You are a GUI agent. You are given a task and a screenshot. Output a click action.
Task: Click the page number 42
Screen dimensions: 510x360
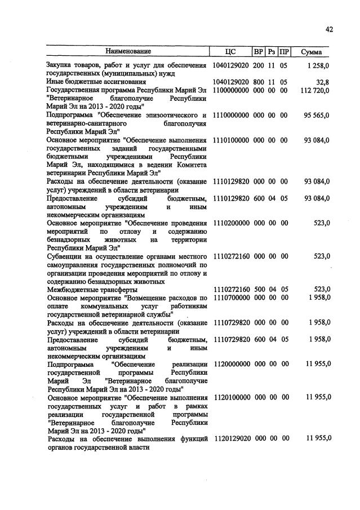329,29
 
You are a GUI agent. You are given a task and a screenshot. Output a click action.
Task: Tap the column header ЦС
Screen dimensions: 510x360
230,52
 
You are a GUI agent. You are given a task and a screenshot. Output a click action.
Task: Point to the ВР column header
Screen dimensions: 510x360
259,52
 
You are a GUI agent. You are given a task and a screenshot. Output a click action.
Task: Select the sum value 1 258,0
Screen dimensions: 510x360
318,66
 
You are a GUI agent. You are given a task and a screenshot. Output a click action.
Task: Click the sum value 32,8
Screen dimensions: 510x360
322,82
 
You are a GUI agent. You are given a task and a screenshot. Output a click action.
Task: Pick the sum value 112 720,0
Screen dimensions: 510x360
314,90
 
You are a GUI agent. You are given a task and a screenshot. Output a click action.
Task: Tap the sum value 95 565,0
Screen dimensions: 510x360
316,115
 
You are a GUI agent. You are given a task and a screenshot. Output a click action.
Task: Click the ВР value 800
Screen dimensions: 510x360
259,82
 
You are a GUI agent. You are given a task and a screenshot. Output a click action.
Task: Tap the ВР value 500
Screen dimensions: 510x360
259,289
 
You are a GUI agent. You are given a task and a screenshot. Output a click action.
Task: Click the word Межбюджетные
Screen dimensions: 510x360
72,289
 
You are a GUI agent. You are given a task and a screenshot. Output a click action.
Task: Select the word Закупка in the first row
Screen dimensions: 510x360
60,66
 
